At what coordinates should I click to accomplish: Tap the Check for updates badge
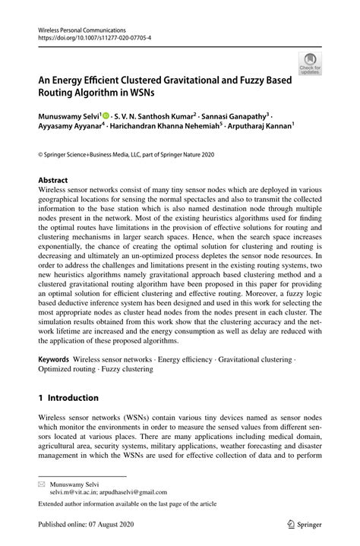click(x=309, y=64)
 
